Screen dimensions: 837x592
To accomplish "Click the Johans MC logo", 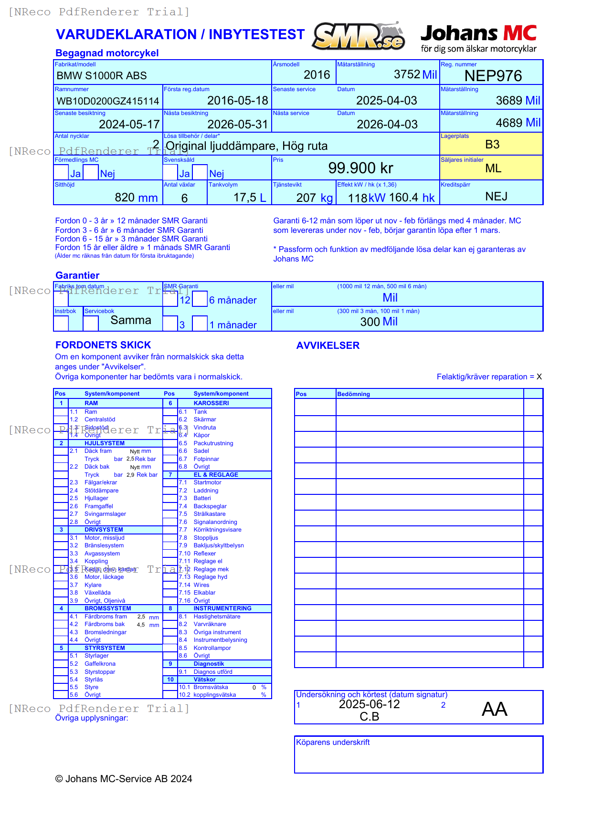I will click(478, 38).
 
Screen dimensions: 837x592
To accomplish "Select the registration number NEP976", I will click(493, 76).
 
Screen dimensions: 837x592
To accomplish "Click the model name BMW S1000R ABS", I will click(102, 76).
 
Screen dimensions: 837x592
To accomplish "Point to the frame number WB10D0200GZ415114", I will click(108, 101).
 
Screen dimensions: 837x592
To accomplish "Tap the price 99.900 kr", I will click(360, 168).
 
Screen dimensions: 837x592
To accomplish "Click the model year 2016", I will click(317, 75).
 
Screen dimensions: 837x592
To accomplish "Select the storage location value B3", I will click(492, 145).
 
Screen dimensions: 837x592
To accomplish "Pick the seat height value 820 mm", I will click(136, 198).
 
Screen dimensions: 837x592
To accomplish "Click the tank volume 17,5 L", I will click(249, 198).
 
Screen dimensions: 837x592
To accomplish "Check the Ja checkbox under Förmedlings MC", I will click(61, 172).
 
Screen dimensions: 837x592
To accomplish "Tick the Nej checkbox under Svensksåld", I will click(200, 172).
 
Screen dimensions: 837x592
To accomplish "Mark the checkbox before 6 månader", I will click(200, 299).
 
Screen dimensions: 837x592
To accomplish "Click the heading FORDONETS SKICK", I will click(103, 345).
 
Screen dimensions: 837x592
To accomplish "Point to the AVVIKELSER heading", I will click(328, 345).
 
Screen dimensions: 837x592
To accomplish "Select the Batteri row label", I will click(202, 498).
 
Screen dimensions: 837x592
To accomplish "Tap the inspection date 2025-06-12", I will click(369, 704).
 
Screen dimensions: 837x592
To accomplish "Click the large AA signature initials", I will click(494, 709).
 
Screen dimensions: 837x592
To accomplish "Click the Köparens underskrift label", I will click(333, 743).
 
